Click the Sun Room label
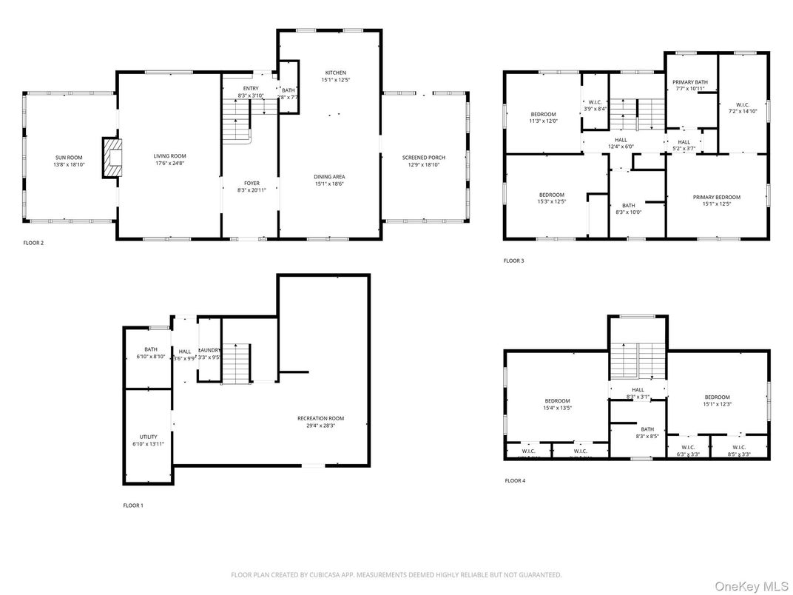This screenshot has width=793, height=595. pyautogui.click(x=69, y=157)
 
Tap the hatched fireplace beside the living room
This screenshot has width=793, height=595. pyautogui.click(x=111, y=158)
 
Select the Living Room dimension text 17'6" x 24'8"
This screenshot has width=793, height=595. pyautogui.click(x=169, y=164)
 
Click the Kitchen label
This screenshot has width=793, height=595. pyautogui.click(x=330, y=73)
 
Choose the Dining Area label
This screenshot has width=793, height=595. pyautogui.click(x=330, y=177)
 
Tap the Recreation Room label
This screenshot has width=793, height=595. pyautogui.click(x=320, y=418)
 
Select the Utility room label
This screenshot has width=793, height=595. pyautogui.click(x=149, y=437)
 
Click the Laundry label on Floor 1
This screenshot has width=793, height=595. pyautogui.click(x=209, y=350)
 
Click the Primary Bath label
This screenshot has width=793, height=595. pyautogui.click(x=689, y=82)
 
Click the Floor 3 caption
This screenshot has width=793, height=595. pyautogui.click(x=513, y=260)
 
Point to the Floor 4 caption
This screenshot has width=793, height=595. pyautogui.click(x=514, y=480)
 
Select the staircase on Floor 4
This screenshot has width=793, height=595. pyautogui.click(x=637, y=360)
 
